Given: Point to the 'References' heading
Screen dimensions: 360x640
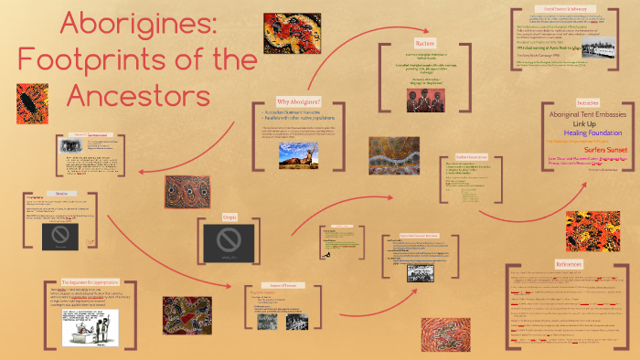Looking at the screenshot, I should coord(568,263).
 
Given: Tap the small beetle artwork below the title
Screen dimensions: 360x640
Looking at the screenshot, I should coord(32,103).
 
